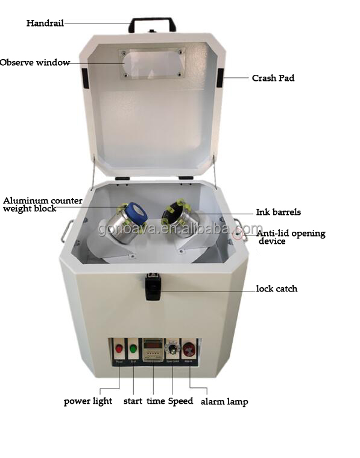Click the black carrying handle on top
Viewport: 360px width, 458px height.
pos(152,22)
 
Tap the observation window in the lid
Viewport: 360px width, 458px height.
pos(151,63)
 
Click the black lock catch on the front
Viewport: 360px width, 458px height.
pos(153,286)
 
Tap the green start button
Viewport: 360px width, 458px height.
pos(133,348)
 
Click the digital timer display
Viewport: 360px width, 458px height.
pos(153,348)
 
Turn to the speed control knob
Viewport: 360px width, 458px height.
pos(173,349)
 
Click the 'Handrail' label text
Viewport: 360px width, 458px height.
pos(45,24)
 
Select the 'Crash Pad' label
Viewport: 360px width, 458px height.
pos(273,78)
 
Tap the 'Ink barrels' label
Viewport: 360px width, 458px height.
pos(278,212)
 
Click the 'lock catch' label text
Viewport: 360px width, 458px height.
pos(276,289)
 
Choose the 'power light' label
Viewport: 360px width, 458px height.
pos(88,401)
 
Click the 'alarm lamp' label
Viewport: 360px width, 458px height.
pos(224,401)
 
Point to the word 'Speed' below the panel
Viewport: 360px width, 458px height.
pos(180,401)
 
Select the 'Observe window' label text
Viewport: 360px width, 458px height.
pos(35,62)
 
